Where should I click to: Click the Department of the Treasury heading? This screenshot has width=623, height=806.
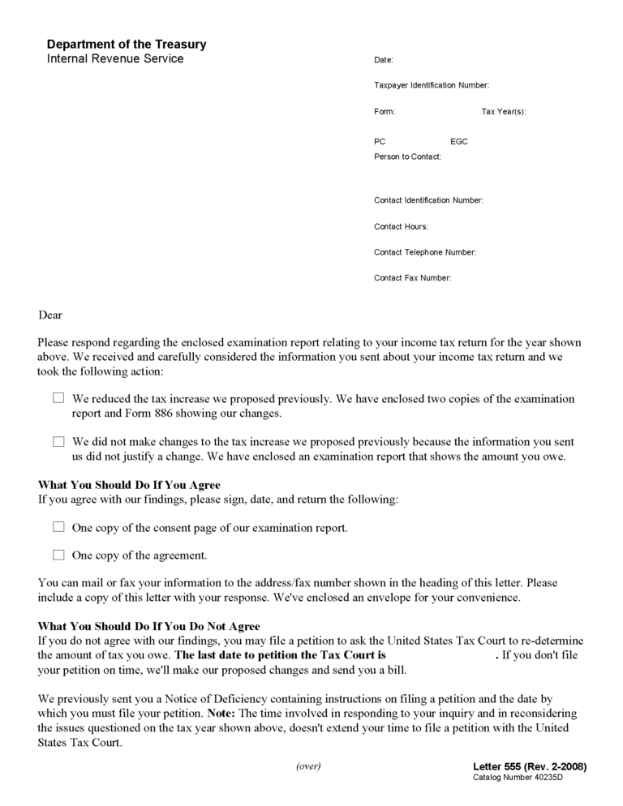coord(127,45)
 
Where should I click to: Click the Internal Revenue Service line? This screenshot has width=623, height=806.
coord(115,58)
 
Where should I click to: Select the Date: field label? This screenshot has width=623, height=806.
coord(384,60)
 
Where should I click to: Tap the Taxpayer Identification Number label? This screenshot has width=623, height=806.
coord(432,85)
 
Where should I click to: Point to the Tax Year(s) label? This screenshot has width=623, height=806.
coord(504,111)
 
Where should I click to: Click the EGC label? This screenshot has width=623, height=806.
coord(459,142)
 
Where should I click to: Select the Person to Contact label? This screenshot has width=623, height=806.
coord(408,156)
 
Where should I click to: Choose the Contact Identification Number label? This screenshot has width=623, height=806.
coord(428,200)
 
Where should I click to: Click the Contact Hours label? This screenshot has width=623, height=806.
coord(401,227)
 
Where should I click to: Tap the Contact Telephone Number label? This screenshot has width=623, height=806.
coord(425,252)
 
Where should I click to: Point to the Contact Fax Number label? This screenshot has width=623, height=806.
coord(413,278)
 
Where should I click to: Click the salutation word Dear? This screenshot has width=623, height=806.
coord(50,315)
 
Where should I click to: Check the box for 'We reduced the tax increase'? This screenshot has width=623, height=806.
coord(58,398)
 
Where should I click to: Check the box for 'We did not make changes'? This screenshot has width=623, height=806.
coord(58,442)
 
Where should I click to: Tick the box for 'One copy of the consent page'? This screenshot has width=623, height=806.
coord(58,527)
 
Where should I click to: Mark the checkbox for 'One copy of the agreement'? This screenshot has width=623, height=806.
coord(58,555)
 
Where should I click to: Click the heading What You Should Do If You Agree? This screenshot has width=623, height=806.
coord(129,485)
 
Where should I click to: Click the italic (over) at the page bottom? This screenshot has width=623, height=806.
coord(308,766)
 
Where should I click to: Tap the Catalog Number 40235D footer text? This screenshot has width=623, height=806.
coord(518,778)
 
